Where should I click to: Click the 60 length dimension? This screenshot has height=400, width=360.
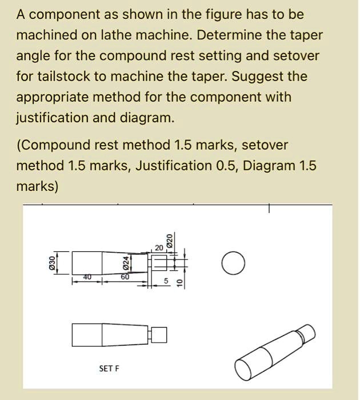click(125, 277)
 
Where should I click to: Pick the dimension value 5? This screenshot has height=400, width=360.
click(166, 281)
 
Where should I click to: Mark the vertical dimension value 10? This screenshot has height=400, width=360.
click(179, 282)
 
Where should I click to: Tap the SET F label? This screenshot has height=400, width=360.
click(109, 369)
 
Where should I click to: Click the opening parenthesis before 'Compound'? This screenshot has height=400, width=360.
click(18, 145)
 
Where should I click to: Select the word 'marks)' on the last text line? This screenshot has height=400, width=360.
click(37, 186)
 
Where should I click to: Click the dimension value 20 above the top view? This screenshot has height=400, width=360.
click(158, 247)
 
